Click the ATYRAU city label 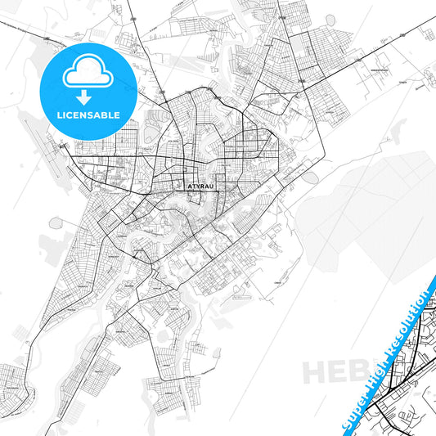[200, 186]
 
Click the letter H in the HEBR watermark [314, 371]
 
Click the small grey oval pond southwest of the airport [55, 222]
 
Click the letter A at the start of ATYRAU [190, 186]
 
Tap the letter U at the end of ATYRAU [212, 186]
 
